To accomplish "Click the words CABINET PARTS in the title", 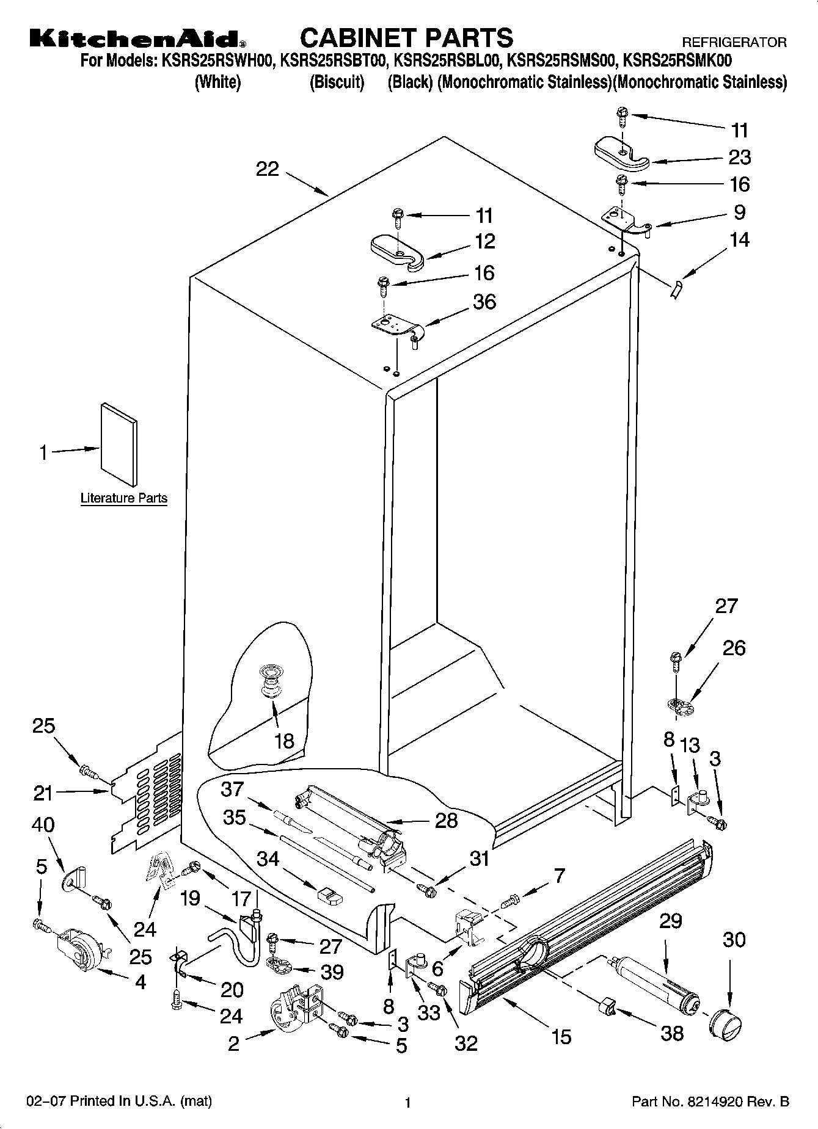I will [406, 38].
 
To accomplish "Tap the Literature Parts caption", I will [124, 498].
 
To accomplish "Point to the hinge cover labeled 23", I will [619, 153].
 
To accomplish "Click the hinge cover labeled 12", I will [397, 252].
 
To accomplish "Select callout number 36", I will [484, 302].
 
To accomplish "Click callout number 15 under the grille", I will [561, 1036].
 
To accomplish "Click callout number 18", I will [284, 741].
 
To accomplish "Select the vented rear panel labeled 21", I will [147, 794].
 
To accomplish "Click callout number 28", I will [446, 820].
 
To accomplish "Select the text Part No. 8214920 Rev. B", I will [710, 1102].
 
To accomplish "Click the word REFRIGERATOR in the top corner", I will [734, 43].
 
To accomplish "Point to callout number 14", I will [739, 239].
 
